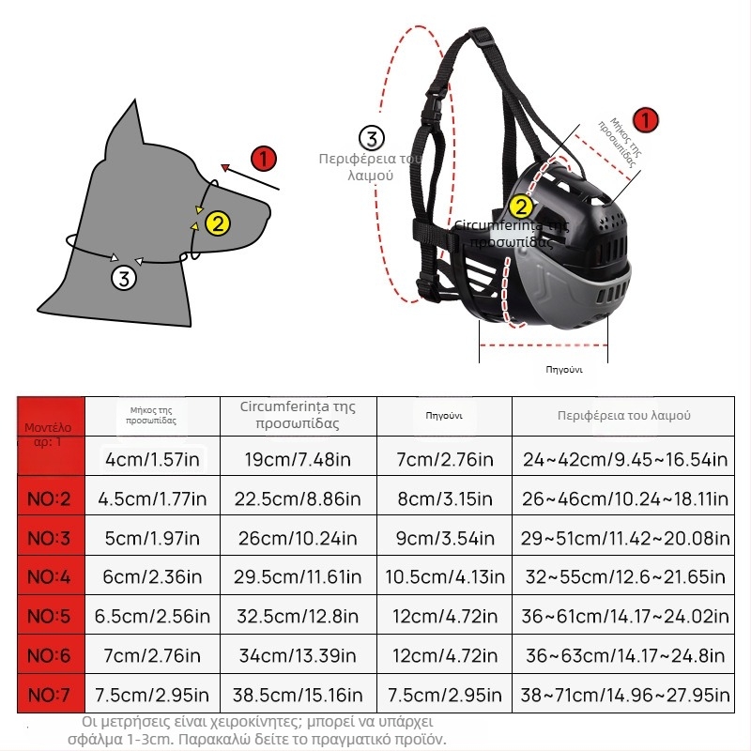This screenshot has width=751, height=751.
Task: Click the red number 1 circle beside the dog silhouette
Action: (265, 159)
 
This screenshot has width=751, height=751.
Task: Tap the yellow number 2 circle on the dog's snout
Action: (218, 223)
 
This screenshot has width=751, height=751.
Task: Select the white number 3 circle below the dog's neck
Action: (125, 278)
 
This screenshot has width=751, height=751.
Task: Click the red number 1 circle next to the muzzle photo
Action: (646, 120)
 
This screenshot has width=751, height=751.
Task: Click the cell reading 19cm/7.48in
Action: (298, 460)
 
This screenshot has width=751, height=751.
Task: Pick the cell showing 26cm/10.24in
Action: (298, 539)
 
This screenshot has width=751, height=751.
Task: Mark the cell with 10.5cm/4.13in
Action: (443, 577)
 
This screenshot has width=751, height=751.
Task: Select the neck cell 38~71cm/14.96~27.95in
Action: (624, 696)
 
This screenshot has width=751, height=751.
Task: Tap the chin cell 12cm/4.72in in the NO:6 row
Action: (443, 656)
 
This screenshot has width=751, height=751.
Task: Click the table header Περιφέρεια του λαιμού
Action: (624, 415)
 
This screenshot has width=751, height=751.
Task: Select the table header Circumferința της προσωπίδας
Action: (298, 415)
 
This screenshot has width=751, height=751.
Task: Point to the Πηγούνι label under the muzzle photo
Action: (564, 369)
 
